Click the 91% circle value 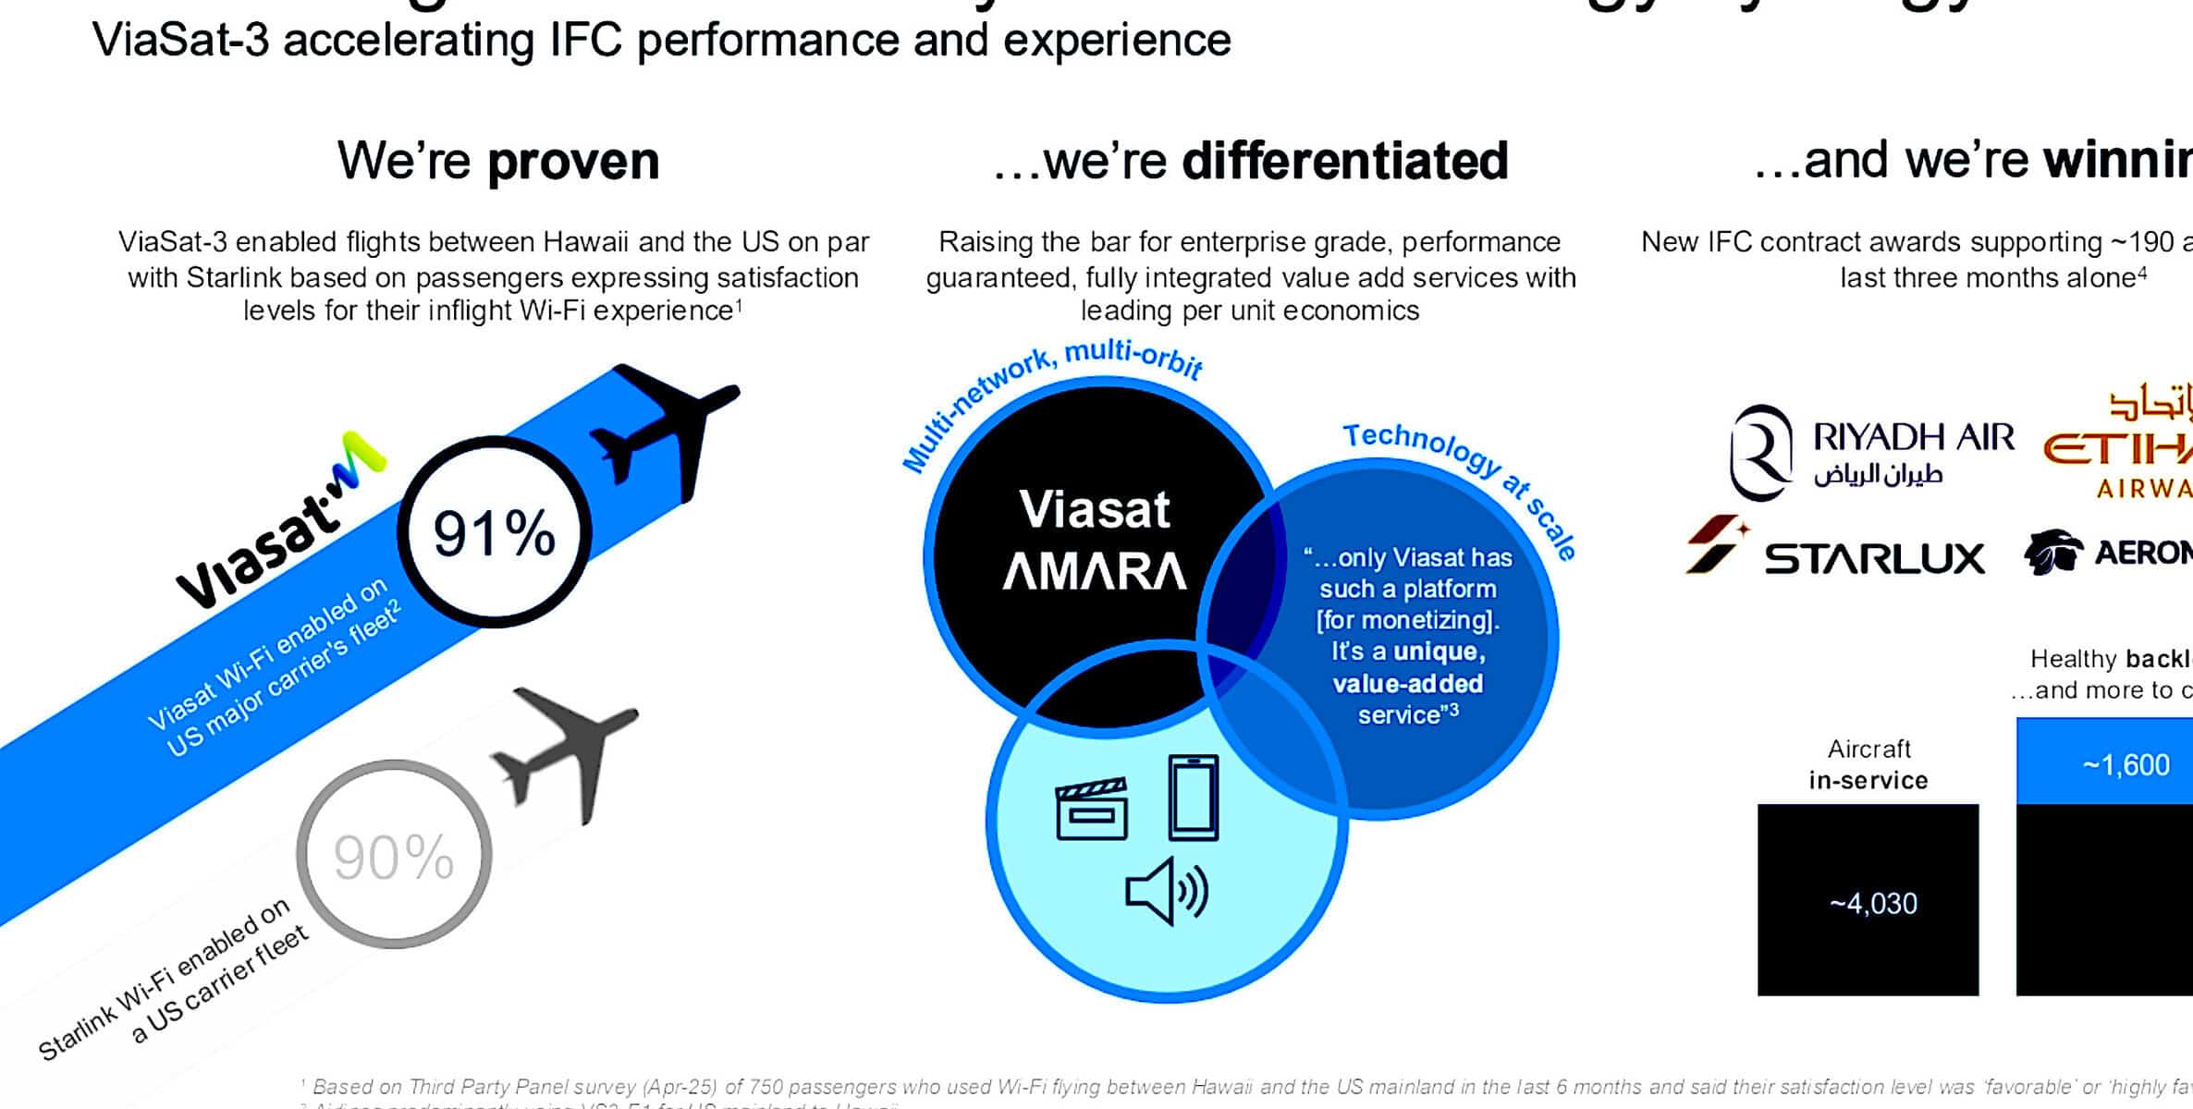pos(494,533)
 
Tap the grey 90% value pos(394,856)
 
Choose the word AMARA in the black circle pos(1095,571)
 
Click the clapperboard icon pos(1092,809)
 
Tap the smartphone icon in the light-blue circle pos(1193,797)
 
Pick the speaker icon pos(1166,891)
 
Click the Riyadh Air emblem pos(1760,452)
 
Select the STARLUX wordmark pos(1874,558)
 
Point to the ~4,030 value pos(1873,903)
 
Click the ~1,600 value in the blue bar pos(2126,765)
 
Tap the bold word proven pos(573,161)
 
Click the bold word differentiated pos(1345,161)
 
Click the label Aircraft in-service pos(1868,764)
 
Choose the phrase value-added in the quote pos(1407,684)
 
